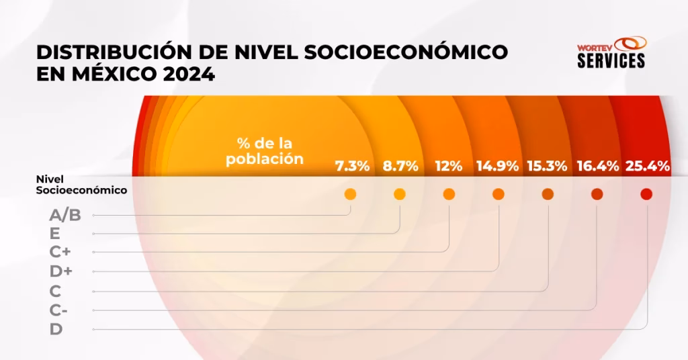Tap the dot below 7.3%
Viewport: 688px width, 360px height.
350,194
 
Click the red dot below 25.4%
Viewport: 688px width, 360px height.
646,194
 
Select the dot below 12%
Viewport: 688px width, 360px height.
449,194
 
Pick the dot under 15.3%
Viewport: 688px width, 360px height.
548,194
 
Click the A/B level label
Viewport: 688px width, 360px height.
65,216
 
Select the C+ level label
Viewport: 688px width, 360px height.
60,253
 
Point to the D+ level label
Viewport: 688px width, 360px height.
60,272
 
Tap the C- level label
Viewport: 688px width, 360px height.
58,310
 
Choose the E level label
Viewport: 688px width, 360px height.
54,234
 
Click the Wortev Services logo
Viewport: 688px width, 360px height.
611,52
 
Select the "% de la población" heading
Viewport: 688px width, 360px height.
265,151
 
